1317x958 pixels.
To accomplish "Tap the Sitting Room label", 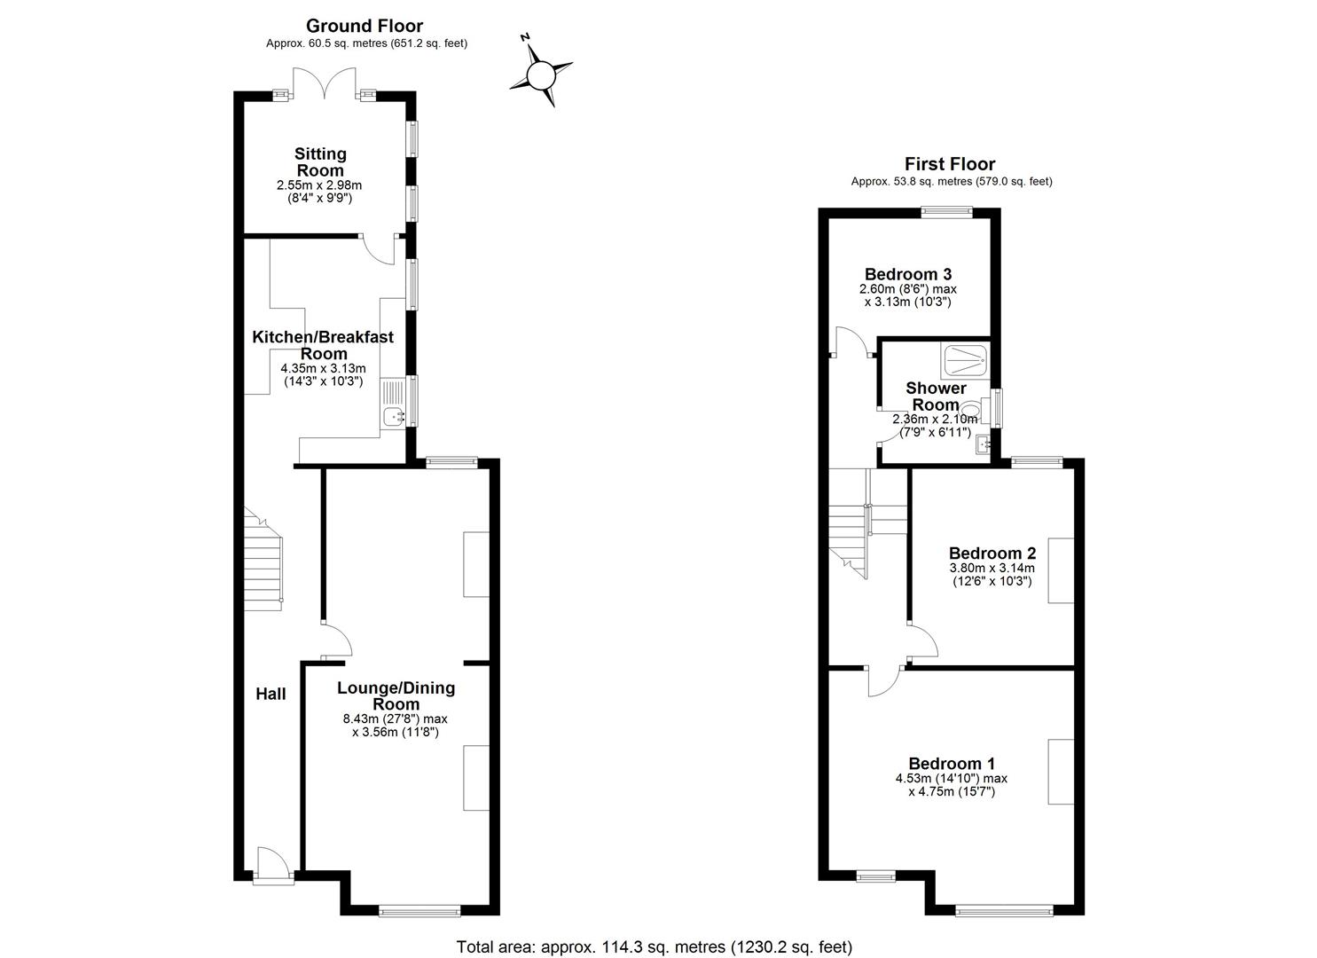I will coord(320,162).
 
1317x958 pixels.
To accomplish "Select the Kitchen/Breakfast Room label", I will coord(323,345).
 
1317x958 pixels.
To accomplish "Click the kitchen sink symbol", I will coord(393,415).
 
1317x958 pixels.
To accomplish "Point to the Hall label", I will coord(270,694).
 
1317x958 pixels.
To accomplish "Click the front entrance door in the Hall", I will coord(272,865).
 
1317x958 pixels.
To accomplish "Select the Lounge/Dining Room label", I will coord(396,695).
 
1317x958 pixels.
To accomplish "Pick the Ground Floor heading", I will coord(365,26).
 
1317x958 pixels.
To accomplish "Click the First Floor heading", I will coord(949,164).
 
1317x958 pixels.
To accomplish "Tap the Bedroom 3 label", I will coord(907,274).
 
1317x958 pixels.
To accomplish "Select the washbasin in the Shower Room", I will coord(983,444).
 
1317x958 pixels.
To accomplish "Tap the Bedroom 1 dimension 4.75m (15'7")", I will coord(952,791).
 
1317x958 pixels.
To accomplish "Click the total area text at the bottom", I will coord(654,946).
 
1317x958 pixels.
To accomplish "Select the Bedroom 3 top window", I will coord(946,211).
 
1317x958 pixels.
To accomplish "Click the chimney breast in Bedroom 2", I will coord(1061,570).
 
